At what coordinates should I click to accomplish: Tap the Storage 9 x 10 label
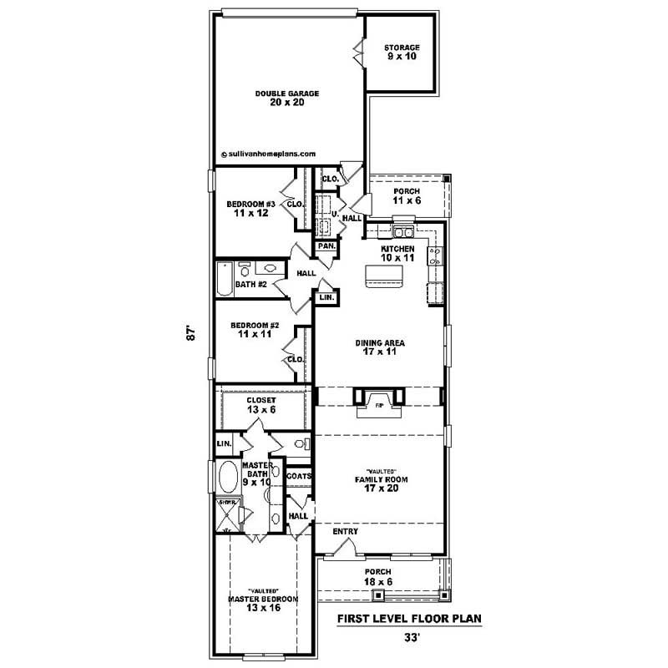tap(402, 52)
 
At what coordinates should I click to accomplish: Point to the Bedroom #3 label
tap(250, 208)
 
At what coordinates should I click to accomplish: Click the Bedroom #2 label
tap(254, 329)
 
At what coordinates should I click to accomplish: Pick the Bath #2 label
tap(250, 285)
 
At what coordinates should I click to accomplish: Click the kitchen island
tap(383, 276)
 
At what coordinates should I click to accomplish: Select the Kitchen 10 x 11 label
tap(397, 254)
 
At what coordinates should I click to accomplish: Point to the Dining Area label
tap(380, 347)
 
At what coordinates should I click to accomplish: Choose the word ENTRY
tap(346, 531)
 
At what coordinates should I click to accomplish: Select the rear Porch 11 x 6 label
tap(407, 196)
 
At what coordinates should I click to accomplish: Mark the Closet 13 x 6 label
tap(261, 405)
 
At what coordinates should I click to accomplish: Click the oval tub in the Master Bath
tap(226, 478)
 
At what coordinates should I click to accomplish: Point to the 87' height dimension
tap(191, 332)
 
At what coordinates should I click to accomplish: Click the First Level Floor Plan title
tap(409, 620)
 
